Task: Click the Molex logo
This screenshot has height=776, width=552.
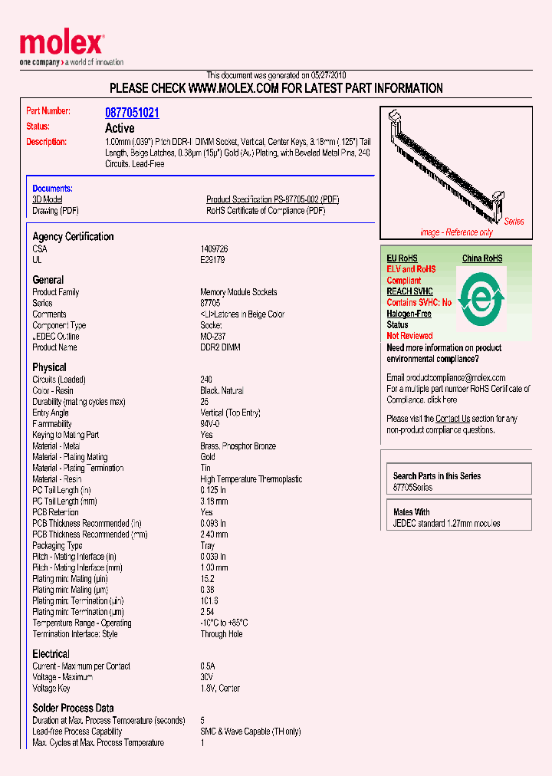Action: (x=61, y=45)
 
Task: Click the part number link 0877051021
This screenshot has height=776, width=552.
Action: (x=132, y=113)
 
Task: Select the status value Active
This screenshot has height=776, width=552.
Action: (x=120, y=128)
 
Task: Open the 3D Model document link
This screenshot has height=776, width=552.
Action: (x=47, y=199)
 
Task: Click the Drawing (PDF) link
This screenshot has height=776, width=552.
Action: (x=55, y=211)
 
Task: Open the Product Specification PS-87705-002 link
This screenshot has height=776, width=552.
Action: (x=272, y=199)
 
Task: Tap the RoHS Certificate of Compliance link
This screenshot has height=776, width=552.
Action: (x=265, y=211)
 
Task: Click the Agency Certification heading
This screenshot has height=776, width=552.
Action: (x=73, y=237)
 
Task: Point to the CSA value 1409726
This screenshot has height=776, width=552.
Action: (x=214, y=249)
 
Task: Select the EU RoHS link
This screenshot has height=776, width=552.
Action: (x=402, y=258)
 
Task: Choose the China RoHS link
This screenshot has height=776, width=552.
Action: (x=482, y=258)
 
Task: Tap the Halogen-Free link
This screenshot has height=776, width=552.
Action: (x=409, y=314)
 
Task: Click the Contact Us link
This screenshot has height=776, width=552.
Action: (x=452, y=419)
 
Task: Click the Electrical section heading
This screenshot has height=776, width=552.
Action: (x=51, y=654)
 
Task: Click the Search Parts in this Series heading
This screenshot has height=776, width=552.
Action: (x=436, y=476)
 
